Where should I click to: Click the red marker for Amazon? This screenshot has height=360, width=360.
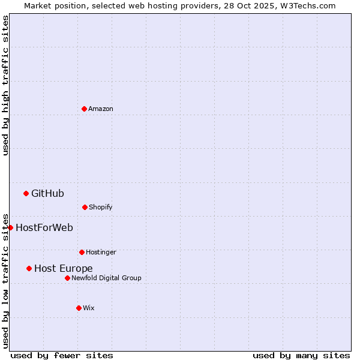tap(84, 109)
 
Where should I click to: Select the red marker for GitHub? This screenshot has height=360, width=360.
tap(26, 193)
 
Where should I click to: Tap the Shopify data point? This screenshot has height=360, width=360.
tap(85, 207)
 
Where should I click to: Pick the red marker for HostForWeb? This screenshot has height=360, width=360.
tap(10, 227)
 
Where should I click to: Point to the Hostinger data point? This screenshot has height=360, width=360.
tap(82, 252)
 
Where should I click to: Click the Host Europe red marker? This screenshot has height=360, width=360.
tap(29, 268)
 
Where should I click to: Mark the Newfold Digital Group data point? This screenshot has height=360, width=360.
tap(67, 278)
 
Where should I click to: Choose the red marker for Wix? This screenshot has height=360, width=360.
tap(79, 308)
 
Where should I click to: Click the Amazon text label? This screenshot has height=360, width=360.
tap(101, 109)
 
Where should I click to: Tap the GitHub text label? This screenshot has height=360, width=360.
tap(47, 193)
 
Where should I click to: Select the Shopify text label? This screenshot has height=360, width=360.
tap(101, 207)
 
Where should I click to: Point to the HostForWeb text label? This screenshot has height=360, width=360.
tap(44, 227)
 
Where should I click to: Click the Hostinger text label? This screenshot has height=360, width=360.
tap(101, 252)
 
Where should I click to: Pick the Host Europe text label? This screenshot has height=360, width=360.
tap(64, 268)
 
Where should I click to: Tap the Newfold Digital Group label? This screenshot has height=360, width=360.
tap(106, 278)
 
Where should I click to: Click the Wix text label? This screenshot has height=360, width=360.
tap(89, 308)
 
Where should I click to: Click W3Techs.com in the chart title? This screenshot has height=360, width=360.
tap(308, 5)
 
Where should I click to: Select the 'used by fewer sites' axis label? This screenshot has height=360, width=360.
tap(62, 355)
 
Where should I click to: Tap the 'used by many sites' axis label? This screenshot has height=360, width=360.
tap(301, 355)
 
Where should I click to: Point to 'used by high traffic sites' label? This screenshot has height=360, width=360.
tap(5, 85)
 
